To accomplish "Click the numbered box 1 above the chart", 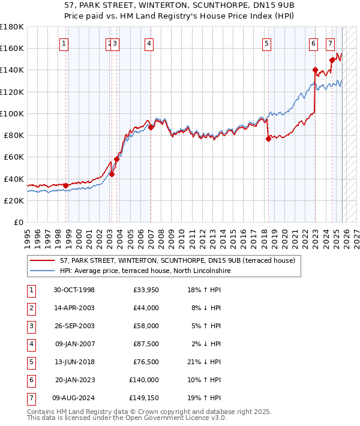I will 64,43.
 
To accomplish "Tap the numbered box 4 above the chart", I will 148,43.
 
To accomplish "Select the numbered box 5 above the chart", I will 266,43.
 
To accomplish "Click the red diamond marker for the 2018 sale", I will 268,139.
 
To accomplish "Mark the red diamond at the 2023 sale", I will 315,70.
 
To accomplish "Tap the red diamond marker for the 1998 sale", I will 66,185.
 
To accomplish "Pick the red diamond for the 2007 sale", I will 151,127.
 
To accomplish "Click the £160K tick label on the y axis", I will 12,48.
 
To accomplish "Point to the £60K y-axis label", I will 14,157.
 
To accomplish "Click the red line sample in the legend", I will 43,261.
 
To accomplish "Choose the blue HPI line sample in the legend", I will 43,271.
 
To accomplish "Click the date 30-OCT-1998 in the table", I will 74,290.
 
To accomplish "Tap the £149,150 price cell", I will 144,397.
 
